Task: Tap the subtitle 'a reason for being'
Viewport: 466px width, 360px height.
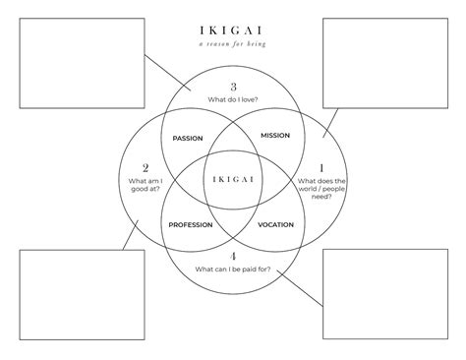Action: [x=232, y=45]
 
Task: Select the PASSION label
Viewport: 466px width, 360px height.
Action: [x=187, y=138]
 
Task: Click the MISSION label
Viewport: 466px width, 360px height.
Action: [x=274, y=135]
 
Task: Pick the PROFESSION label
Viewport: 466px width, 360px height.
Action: [x=191, y=225]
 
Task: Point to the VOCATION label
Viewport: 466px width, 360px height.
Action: [x=275, y=225]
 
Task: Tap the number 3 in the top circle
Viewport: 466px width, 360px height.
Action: [x=233, y=86]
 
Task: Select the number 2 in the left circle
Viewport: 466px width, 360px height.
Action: [x=146, y=168]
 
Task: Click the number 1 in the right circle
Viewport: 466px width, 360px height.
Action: [x=321, y=168]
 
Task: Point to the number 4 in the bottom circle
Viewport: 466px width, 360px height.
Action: [x=233, y=257]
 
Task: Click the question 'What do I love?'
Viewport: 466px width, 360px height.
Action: [x=233, y=100]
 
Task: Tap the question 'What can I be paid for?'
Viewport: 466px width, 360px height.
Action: [x=233, y=270]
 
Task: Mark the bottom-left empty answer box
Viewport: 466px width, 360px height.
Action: [x=80, y=295]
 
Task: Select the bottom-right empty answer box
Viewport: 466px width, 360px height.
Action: [x=385, y=295]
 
